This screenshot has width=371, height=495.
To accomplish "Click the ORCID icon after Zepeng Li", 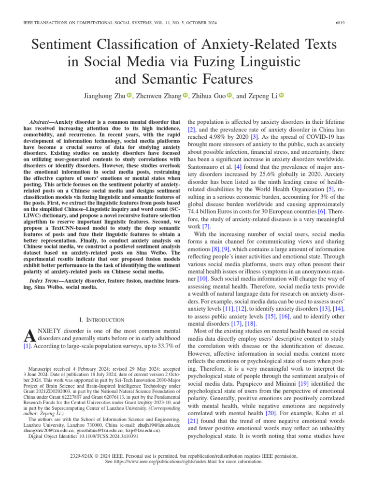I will click(282, 96).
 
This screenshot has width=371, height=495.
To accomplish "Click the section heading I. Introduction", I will click(101, 320).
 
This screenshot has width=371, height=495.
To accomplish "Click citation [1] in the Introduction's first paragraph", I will click(28, 346).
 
